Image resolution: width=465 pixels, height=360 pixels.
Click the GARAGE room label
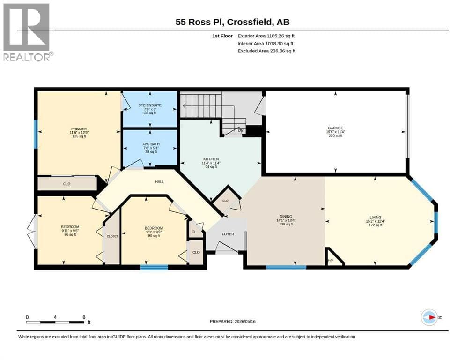click(335, 128)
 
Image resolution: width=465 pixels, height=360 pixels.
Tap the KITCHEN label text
click(211, 159)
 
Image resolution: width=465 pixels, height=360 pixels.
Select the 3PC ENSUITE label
click(150, 105)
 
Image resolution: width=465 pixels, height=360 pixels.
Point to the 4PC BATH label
click(151, 144)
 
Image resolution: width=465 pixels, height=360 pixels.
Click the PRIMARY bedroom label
click(79, 129)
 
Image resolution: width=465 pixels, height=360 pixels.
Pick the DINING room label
click(286, 217)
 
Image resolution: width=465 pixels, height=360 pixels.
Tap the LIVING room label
click(376, 217)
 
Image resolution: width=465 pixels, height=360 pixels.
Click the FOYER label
click(228, 234)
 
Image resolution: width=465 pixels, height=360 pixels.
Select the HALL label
click(160, 181)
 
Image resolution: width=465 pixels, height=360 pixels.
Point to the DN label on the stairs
click(241, 130)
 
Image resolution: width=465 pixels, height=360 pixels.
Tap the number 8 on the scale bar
click(84, 317)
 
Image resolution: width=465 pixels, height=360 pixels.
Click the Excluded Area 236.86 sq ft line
click(266, 51)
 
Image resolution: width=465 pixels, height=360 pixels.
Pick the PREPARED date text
click(232, 321)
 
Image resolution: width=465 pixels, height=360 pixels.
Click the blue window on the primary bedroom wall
click(36, 134)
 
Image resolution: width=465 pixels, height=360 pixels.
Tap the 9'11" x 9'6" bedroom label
click(70, 231)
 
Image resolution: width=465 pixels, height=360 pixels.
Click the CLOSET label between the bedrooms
click(112, 236)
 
